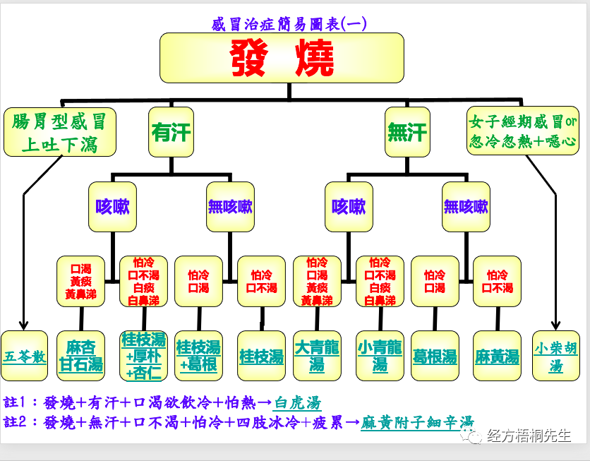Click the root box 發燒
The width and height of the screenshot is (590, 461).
point(282,58)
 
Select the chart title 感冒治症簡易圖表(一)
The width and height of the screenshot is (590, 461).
point(289,23)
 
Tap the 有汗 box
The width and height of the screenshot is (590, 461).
point(171,131)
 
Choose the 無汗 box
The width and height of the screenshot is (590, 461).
point(407,131)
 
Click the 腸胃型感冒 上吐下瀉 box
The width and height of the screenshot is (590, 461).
point(59,132)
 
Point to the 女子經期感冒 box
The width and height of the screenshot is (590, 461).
point(523,131)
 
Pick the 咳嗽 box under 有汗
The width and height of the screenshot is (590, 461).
point(112,207)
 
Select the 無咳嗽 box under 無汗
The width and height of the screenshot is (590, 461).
point(466,207)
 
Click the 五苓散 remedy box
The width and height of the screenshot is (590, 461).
point(25,356)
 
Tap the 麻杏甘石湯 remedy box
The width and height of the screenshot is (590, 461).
point(81,356)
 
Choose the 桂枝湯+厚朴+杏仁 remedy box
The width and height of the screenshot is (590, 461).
point(143,356)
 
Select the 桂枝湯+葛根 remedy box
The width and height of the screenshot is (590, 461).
point(198,356)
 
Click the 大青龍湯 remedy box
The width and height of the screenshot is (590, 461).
point(317,356)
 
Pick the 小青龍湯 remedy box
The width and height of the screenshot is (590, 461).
point(380,356)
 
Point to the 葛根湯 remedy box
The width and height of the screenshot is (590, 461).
point(435,356)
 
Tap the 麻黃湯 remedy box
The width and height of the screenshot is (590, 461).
point(497,356)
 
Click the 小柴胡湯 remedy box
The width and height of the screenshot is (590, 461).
point(556,356)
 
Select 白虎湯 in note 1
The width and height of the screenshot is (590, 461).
point(297,403)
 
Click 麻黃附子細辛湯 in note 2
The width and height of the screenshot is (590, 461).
point(417,423)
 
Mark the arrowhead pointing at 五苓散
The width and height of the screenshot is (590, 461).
point(23,326)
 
